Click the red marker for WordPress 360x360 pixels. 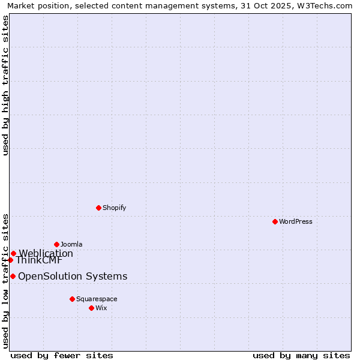[x=275, y=221]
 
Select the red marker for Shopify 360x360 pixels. [x=98, y=208]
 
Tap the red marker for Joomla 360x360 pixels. [x=56, y=244]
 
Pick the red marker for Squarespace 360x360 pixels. [x=72, y=299]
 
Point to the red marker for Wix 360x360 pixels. [x=91, y=308]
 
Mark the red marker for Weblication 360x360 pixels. [x=13, y=253]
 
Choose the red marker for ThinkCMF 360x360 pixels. [x=10, y=260]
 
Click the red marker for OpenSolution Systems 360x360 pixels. [x=13, y=276]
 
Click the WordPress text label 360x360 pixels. [x=296, y=221]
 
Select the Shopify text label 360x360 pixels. [x=114, y=208]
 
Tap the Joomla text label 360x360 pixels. [x=71, y=244]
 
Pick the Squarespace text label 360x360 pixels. [x=97, y=299]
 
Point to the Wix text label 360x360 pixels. [x=101, y=308]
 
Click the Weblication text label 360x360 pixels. [x=46, y=253]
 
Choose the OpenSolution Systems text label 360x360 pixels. [x=73, y=276]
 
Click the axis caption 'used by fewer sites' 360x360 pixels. [x=62, y=355]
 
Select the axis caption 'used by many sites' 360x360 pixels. [x=301, y=355]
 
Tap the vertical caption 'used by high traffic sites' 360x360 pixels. [x=5, y=85]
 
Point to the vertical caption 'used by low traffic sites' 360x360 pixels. [x=5, y=280]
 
